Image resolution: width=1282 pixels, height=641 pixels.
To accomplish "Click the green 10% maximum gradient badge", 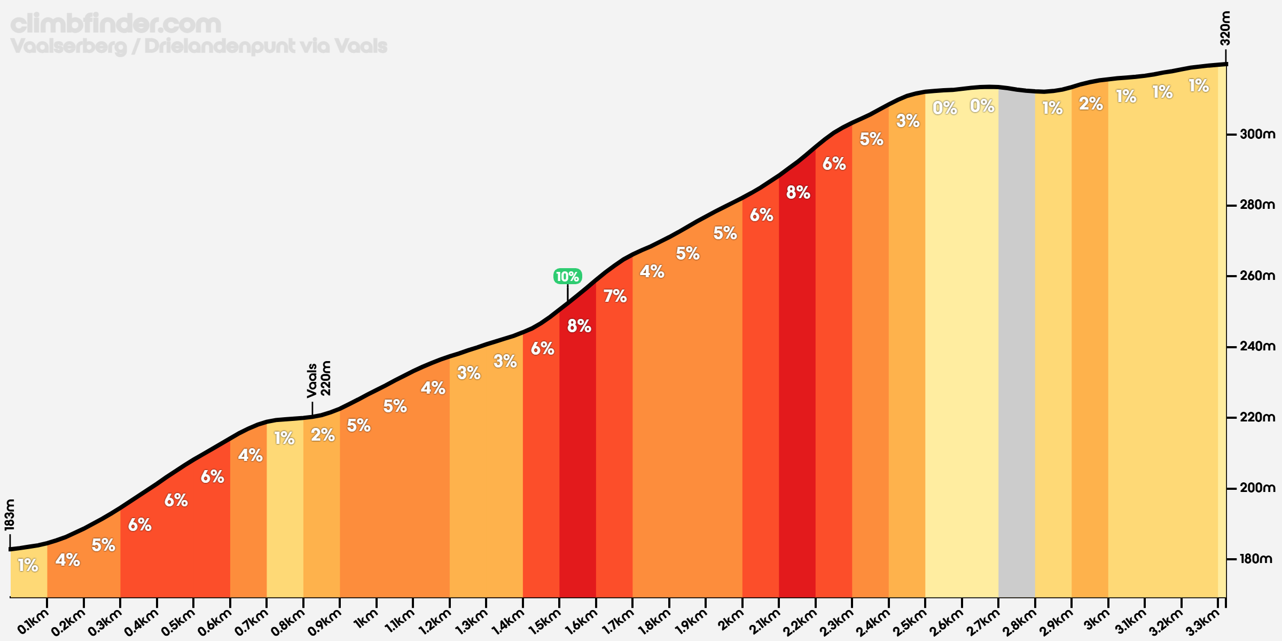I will pyautogui.click(x=567, y=276).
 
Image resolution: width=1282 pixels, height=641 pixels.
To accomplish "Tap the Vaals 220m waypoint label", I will pyautogui.click(x=319, y=379).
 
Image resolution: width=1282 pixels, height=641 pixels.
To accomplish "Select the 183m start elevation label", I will pyautogui.click(x=10, y=514).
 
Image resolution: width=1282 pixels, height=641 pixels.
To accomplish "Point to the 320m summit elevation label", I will pyautogui.click(x=1225, y=28).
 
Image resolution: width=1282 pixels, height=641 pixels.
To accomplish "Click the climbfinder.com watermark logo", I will pyautogui.click(x=115, y=24).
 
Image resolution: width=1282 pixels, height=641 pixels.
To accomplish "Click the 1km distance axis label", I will pyautogui.click(x=366, y=620).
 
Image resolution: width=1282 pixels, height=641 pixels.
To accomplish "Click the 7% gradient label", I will pyautogui.click(x=615, y=296).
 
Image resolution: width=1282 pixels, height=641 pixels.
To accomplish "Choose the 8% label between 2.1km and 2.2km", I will pyautogui.click(x=798, y=192).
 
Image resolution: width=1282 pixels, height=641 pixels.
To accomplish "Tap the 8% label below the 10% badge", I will pyautogui.click(x=579, y=326).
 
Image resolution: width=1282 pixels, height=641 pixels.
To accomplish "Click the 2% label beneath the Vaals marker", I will pyautogui.click(x=323, y=435).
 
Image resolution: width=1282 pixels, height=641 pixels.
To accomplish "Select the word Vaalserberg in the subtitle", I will pyautogui.click(x=68, y=46).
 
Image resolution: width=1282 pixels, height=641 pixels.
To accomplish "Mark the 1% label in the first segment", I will pyautogui.click(x=28, y=565).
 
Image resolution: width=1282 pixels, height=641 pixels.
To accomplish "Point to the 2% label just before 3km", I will pyautogui.click(x=1091, y=104).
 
